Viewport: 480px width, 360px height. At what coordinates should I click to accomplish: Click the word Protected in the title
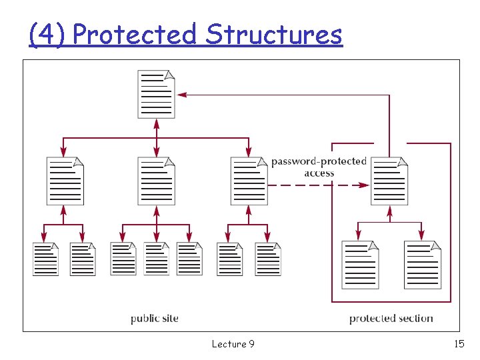click(x=135, y=34)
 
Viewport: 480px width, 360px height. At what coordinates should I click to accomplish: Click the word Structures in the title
click(x=274, y=34)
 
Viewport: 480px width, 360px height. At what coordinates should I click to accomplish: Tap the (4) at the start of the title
click(x=47, y=34)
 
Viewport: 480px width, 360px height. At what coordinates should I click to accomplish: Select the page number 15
click(x=459, y=344)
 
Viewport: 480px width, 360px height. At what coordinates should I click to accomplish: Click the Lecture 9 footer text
click(x=233, y=344)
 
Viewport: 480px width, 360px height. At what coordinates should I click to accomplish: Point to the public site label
click(x=154, y=319)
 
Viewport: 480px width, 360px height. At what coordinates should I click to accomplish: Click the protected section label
click(x=391, y=319)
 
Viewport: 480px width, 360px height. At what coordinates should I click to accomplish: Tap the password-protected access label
click(x=319, y=167)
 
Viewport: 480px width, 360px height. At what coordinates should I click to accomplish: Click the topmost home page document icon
click(x=156, y=94)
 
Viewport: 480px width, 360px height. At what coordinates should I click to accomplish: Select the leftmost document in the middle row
click(x=65, y=181)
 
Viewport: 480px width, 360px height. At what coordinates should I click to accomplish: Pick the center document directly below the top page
click(x=156, y=181)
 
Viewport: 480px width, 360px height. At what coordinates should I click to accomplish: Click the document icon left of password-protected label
click(x=249, y=181)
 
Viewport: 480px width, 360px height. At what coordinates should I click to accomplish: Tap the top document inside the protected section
click(x=389, y=181)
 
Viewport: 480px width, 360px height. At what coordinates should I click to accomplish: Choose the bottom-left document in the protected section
click(x=360, y=265)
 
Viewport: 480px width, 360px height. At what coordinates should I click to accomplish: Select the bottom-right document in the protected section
click(x=422, y=265)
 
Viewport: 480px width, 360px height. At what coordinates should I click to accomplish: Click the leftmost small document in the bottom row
click(x=45, y=259)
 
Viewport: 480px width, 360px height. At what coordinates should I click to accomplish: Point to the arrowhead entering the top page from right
click(x=181, y=95)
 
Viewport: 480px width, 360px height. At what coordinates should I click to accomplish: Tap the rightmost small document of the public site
click(x=268, y=259)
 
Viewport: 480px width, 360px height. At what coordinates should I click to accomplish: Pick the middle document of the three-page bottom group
click(x=157, y=259)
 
